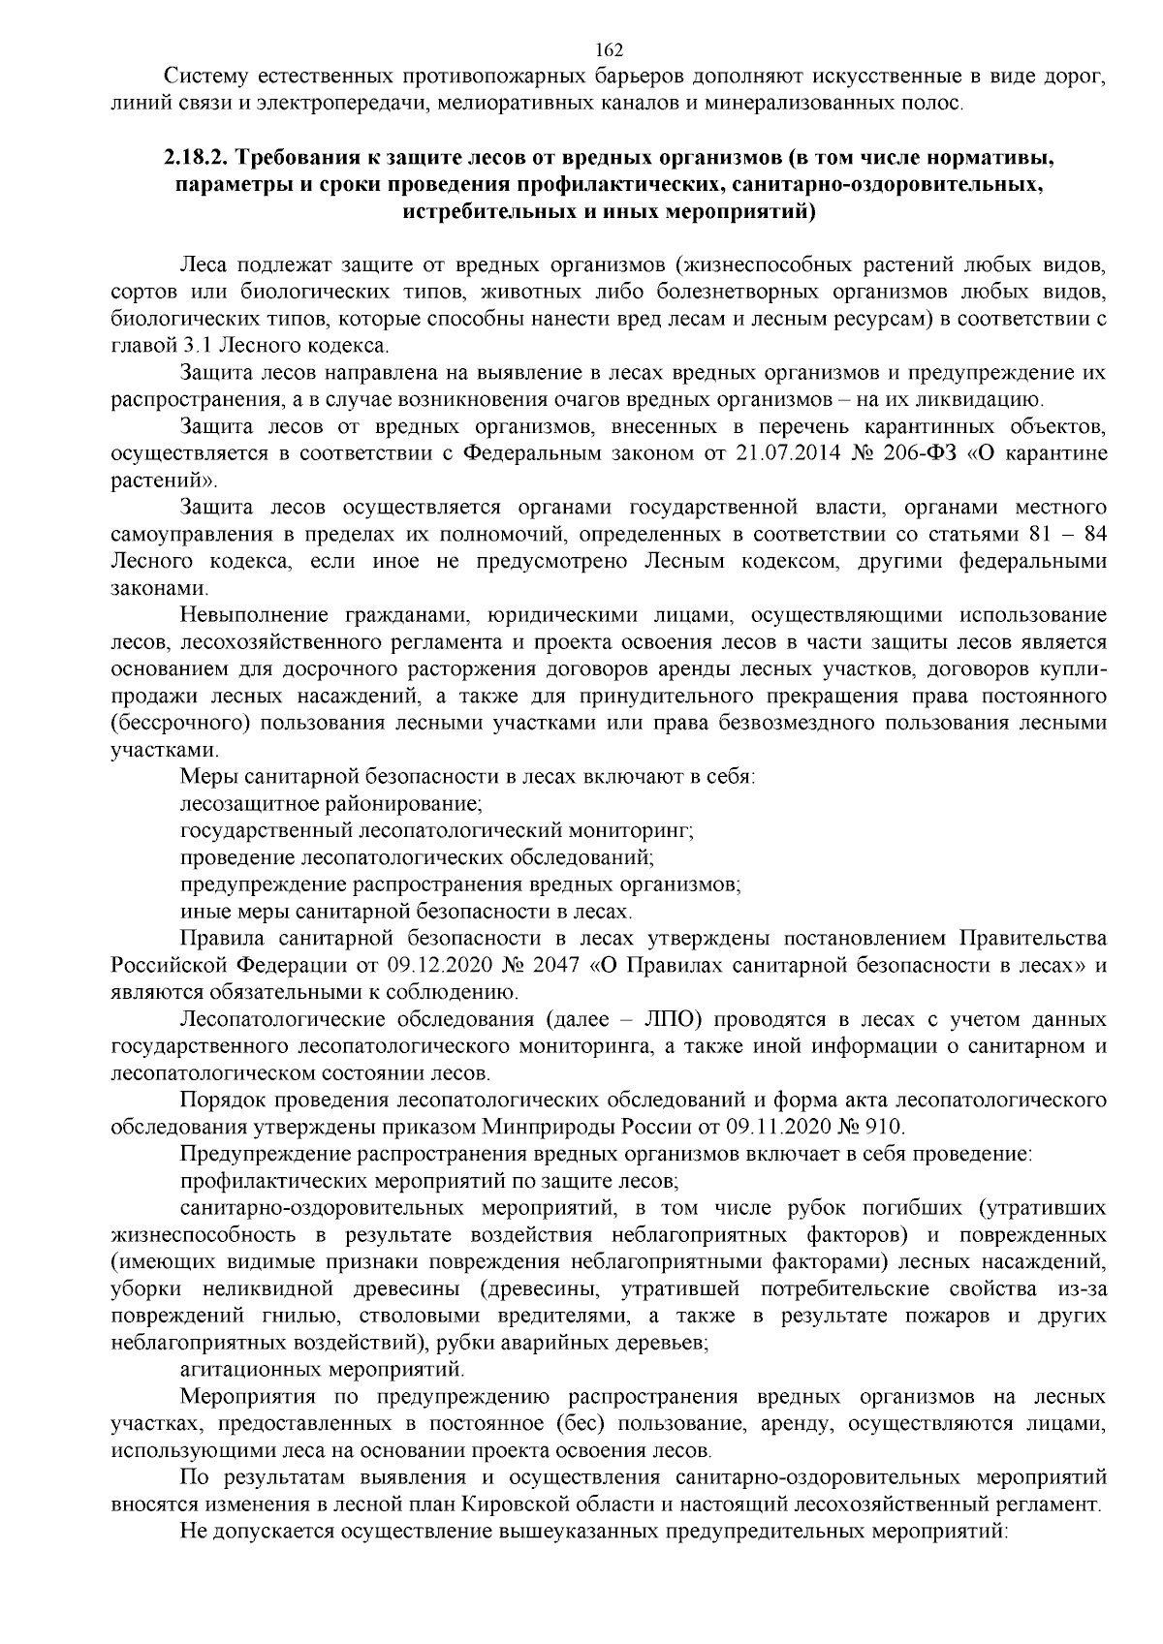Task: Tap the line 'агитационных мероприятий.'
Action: [322, 1371]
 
